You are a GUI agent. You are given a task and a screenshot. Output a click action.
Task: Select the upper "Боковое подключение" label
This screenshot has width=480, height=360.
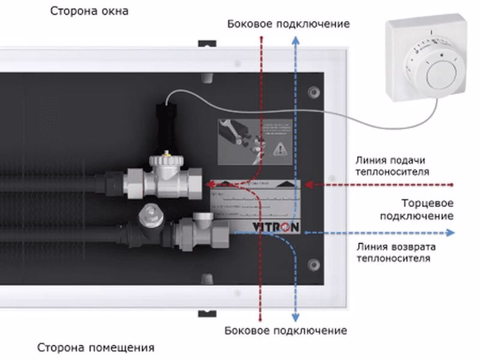pos(288,24)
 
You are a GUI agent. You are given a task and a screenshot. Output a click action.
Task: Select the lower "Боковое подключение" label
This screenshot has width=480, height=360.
pos(286,331)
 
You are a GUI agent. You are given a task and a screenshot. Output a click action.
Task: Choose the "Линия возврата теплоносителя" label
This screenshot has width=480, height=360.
pos(395,253)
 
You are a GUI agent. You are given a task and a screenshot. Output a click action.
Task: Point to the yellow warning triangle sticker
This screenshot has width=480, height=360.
pos(280,148)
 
